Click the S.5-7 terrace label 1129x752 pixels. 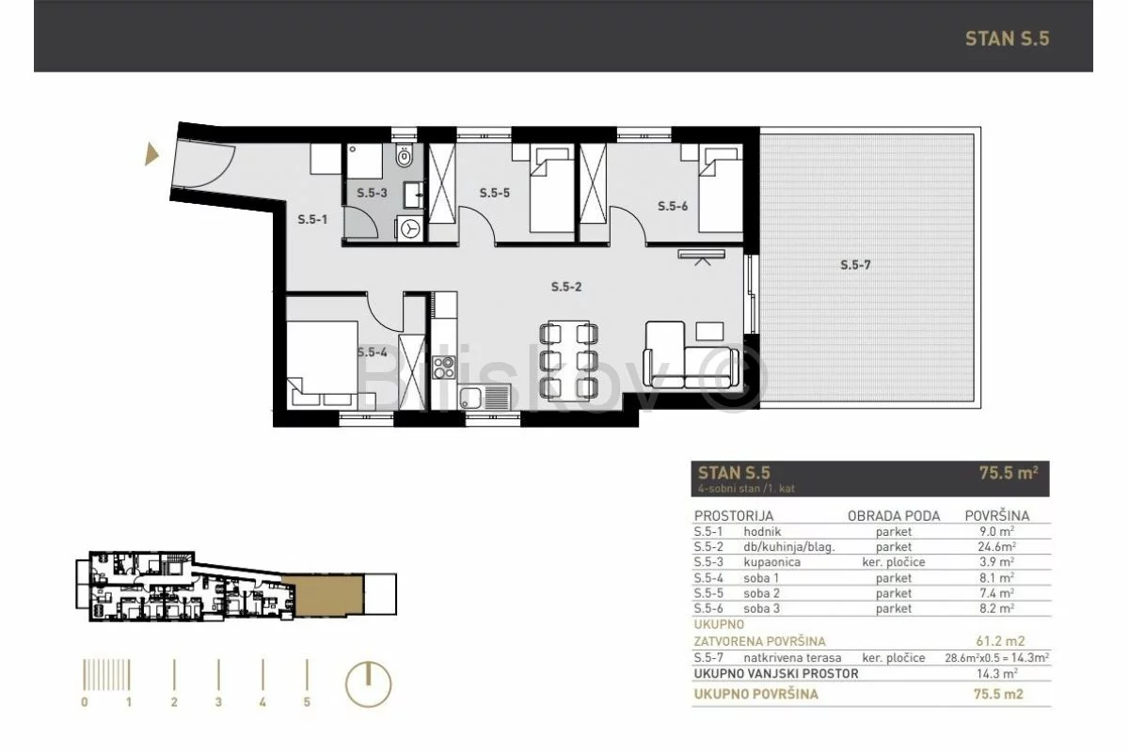click(x=855, y=265)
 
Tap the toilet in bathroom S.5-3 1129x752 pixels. click(x=405, y=156)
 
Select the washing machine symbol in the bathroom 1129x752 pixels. click(x=410, y=228)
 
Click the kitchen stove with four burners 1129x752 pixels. click(x=443, y=368)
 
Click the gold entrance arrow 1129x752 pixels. click(x=151, y=154)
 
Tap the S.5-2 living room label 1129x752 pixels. click(x=566, y=287)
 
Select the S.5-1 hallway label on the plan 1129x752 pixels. click(x=312, y=220)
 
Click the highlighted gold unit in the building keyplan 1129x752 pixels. click(x=326, y=595)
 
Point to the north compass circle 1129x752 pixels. click(x=369, y=684)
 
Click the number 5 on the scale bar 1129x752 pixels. click(x=307, y=702)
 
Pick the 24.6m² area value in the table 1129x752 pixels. click(x=997, y=546)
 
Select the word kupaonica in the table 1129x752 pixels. click(x=771, y=562)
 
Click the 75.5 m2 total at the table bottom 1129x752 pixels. click(x=998, y=694)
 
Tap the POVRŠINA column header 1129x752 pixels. click(x=997, y=516)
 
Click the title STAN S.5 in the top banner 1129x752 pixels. click(x=1007, y=39)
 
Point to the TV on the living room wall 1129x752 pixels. click(x=702, y=255)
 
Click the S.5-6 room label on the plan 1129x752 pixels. click(x=673, y=206)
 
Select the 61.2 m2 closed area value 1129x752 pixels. click(x=1000, y=641)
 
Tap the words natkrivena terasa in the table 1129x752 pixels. click(x=792, y=658)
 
